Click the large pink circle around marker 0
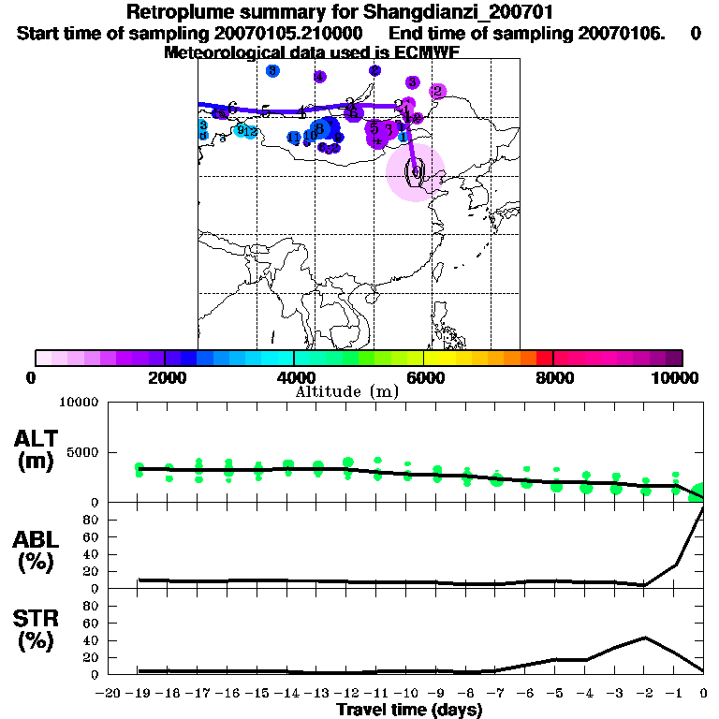[415, 172]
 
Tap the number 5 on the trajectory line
[266, 110]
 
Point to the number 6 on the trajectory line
[231, 107]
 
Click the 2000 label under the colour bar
[165, 378]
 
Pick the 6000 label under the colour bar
[423, 378]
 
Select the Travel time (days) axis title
[409, 710]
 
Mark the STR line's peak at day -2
[645, 638]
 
